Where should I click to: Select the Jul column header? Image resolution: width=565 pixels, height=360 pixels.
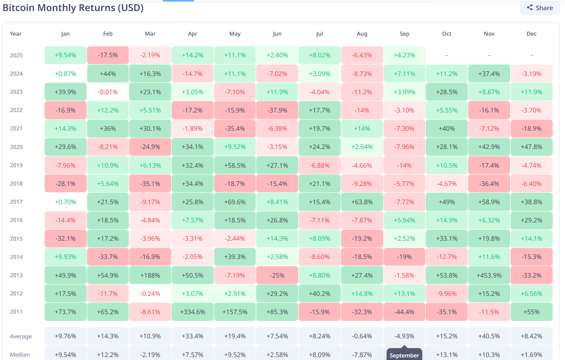[x=319, y=34]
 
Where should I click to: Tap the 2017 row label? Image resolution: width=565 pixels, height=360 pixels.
[x=16, y=202]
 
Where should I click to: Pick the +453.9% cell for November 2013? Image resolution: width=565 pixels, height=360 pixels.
[x=489, y=275]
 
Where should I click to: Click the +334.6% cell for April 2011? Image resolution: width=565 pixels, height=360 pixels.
[x=192, y=312]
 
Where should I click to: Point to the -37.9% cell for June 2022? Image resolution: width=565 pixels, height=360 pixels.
[x=277, y=110]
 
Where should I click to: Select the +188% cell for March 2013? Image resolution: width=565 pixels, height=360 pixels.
[x=150, y=275]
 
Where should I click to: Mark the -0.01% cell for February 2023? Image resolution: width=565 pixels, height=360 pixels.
[x=108, y=92]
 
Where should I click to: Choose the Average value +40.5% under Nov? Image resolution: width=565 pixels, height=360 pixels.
[x=489, y=336]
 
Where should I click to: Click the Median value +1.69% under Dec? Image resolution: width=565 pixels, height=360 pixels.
[x=531, y=354]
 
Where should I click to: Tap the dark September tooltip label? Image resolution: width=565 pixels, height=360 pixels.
[x=404, y=355]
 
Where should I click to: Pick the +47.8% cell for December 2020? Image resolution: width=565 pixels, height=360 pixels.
[x=531, y=147]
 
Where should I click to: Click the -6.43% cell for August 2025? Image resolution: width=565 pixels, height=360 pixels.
[x=362, y=55]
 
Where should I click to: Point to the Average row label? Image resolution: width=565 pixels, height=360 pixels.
[x=21, y=337]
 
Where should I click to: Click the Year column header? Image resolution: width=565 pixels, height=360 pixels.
[x=16, y=34]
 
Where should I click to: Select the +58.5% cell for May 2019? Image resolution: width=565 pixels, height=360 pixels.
[x=235, y=165]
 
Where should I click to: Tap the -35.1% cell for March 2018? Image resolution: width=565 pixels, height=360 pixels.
[x=150, y=184]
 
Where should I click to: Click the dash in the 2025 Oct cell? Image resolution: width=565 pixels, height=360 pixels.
[x=447, y=55]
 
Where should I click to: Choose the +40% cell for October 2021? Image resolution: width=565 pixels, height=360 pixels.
[x=447, y=129]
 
